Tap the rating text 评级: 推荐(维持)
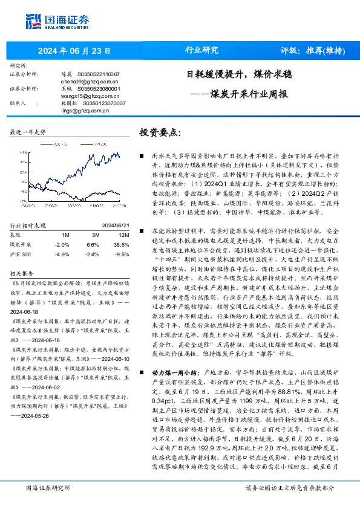(x=309, y=50)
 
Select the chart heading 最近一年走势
(x=28, y=131)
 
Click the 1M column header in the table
(x=66, y=217)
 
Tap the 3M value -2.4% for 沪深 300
(x=93, y=238)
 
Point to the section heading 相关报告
(x=22, y=256)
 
